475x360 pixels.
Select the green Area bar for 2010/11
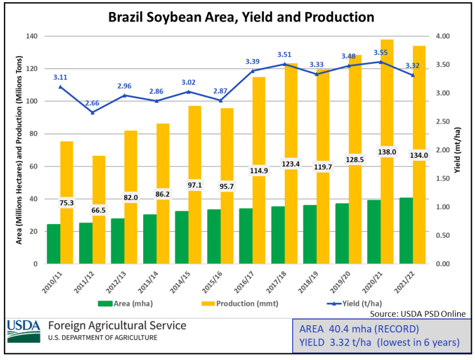pos(54,244)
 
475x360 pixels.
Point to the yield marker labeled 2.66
pos(93,113)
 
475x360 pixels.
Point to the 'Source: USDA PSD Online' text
pos(418,314)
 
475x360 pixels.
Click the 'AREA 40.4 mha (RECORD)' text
pos(359,330)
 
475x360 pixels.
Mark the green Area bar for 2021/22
pos(406,231)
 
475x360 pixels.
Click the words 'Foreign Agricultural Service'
pos(117,326)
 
